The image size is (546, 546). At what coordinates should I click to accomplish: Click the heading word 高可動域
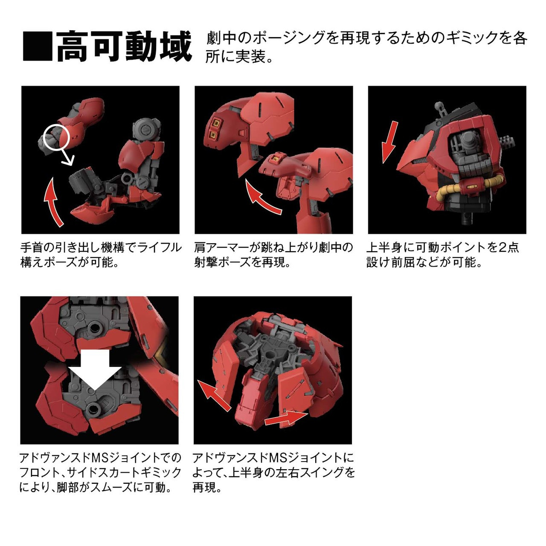click(124, 46)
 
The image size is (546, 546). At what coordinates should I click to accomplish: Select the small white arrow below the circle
click(68, 160)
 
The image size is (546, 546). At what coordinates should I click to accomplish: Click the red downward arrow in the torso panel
click(389, 142)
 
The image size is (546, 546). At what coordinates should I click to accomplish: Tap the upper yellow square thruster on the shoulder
click(216, 124)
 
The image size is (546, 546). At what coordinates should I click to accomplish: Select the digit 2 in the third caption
click(502, 247)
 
